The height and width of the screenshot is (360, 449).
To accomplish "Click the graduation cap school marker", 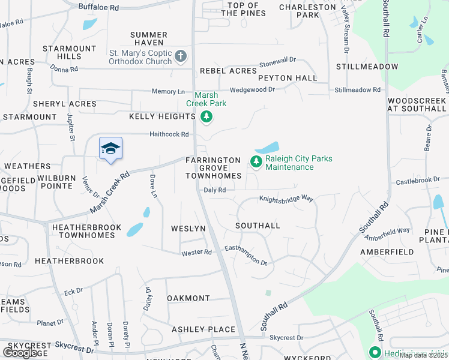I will pyautogui.click(x=111, y=149).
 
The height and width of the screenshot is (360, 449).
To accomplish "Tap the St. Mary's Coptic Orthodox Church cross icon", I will pyautogui.click(x=181, y=57).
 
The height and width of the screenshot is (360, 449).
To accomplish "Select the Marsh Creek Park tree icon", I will pyautogui.click(x=206, y=116).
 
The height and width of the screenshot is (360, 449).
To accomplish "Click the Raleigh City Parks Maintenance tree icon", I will pyautogui.click(x=256, y=161).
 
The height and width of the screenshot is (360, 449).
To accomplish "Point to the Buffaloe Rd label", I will pyautogui.click(x=99, y=8).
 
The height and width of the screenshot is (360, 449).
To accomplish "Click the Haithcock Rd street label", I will pyautogui.click(x=169, y=134).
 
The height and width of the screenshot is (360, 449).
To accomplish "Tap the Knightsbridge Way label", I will pyautogui.click(x=286, y=198).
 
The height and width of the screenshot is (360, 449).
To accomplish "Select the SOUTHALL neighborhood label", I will pyautogui.click(x=258, y=226).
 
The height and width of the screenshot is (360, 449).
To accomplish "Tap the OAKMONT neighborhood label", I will pyautogui.click(x=188, y=298).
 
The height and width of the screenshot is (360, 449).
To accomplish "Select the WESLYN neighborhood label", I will pyautogui.click(x=188, y=229).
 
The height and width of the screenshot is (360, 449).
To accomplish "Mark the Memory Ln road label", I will pyautogui.click(x=168, y=92).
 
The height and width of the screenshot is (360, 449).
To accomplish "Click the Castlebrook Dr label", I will pyautogui.click(x=418, y=180).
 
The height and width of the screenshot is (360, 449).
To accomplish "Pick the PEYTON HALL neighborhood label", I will pyautogui.click(x=288, y=78).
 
